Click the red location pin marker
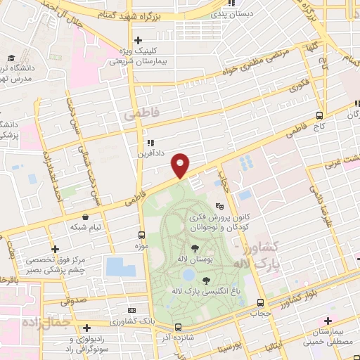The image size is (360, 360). pos(181,165)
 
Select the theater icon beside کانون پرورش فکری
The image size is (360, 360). pos(219,207)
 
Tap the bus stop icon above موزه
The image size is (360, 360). pos(141,235)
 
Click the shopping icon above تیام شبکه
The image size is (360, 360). pos(85,217)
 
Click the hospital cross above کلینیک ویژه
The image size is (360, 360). pos(139,40)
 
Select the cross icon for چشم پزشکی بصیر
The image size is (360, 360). pos(55,249)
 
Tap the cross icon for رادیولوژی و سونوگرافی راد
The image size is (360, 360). pos(86,328)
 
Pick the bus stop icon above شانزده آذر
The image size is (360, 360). pos(179,327)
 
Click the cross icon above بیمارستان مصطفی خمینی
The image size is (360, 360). pos(328,321)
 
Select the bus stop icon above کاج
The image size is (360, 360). pos(320,115)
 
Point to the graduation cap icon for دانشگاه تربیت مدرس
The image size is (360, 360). pos(11,58)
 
